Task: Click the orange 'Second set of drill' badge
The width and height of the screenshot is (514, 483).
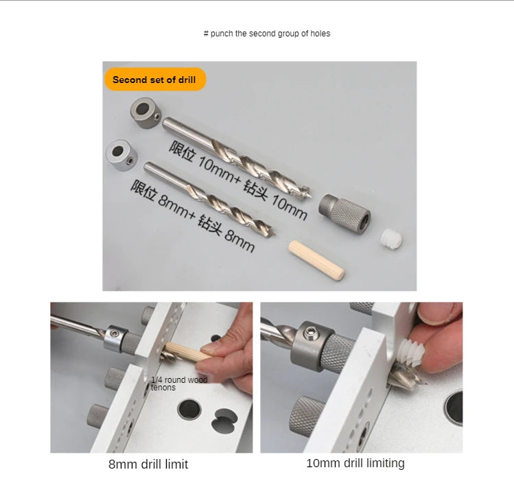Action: point(155,80)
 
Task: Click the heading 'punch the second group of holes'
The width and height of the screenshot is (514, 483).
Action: point(270,34)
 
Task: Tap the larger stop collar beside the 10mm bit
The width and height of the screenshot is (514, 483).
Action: point(145,113)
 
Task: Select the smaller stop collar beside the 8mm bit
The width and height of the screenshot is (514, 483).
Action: point(121,155)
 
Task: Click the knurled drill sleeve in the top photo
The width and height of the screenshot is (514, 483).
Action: point(344,213)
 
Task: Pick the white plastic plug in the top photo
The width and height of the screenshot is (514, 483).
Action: point(391,239)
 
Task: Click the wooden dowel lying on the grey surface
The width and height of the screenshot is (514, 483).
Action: point(316,260)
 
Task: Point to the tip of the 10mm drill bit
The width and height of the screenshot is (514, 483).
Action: point(310,196)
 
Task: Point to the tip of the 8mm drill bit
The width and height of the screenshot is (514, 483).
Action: point(274,234)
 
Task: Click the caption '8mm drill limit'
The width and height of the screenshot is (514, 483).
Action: point(148,464)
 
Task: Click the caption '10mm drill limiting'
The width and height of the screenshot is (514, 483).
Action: point(355,463)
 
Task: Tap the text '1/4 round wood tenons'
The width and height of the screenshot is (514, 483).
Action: point(179,384)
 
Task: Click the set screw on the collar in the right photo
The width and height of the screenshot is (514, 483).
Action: point(309,333)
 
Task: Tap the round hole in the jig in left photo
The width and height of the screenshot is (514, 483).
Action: point(189,409)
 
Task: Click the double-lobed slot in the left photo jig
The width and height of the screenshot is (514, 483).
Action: point(224,420)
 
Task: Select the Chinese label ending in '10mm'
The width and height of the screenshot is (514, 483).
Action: point(238,180)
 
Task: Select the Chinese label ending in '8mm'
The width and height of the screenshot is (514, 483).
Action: point(193,216)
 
